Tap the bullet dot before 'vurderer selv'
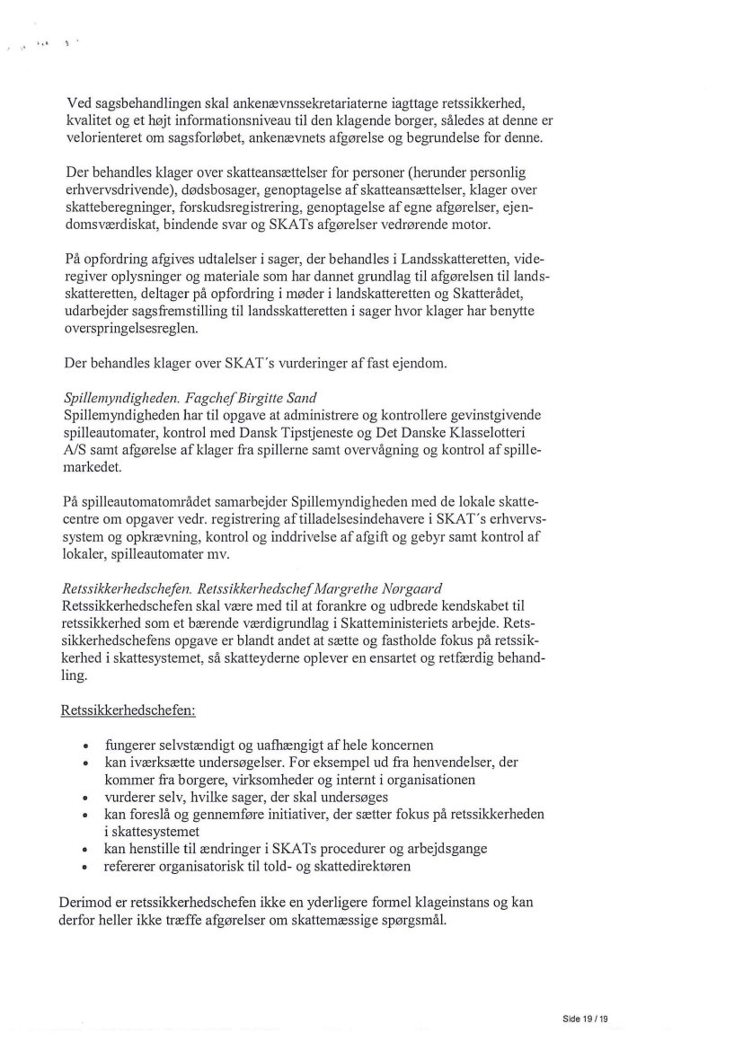(84, 798)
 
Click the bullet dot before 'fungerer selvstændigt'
(84, 746)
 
